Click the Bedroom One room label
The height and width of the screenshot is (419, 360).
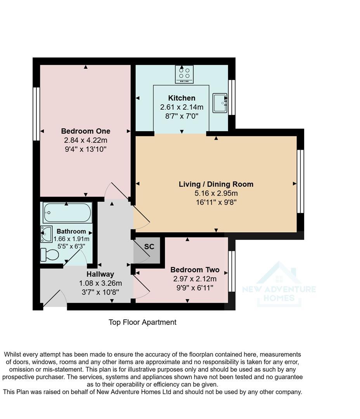tap(85, 131)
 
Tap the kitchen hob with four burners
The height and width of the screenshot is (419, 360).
tap(184, 74)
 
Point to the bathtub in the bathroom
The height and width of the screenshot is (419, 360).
tap(67, 213)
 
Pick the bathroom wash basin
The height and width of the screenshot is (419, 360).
tap(47, 234)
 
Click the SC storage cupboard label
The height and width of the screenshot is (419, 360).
tap(149, 247)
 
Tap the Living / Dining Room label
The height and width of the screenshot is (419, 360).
tap(216, 184)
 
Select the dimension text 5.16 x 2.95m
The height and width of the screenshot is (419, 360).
tap(216, 193)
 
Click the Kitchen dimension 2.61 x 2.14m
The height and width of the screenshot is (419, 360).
tap(182, 107)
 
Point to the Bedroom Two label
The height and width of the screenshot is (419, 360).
tap(195, 270)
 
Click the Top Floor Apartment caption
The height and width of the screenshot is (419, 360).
tap(142, 322)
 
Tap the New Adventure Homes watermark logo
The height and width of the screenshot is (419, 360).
tap(279, 284)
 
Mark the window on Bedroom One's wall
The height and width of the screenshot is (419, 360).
tap(36, 113)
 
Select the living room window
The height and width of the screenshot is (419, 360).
tap(300, 181)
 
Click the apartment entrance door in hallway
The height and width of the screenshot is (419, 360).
tap(54, 299)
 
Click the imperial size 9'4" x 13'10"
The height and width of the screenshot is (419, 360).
tap(85, 149)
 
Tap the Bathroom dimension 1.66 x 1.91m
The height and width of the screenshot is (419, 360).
tap(71, 239)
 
